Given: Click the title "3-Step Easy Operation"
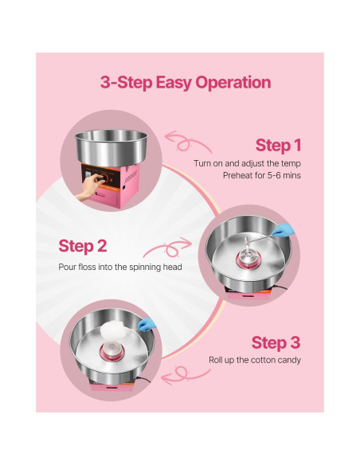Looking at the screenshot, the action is [186, 83].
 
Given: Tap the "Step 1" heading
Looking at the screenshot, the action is [278, 146].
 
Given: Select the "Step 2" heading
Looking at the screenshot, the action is [83, 246].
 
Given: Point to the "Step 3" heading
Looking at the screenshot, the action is [276, 342].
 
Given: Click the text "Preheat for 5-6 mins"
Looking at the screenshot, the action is [262, 175].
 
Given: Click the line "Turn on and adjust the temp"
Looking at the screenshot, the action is [248, 163].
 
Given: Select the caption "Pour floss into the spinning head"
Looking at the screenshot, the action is [120, 267].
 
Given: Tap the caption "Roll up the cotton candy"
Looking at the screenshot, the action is [255, 360].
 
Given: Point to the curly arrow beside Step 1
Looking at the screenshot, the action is [187, 142].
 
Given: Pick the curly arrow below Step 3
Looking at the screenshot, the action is [185, 374].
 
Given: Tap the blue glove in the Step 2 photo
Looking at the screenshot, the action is [284, 230].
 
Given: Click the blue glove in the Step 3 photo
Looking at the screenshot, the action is [147, 324].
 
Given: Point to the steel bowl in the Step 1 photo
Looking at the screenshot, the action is [112, 147].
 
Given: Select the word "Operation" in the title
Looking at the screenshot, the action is [233, 83].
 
